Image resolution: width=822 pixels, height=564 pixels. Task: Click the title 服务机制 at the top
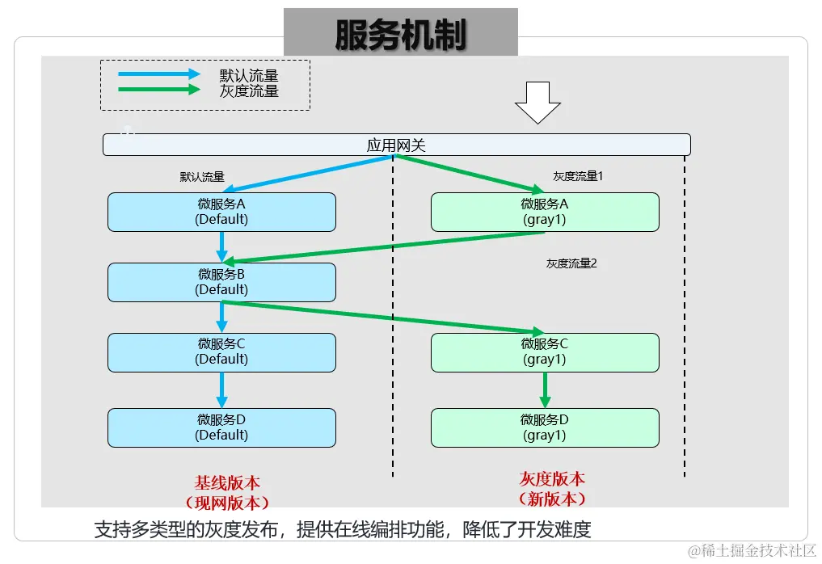401,33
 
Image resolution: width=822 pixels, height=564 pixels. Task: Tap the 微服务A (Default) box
221,212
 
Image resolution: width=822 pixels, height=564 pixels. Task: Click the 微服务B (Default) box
221,282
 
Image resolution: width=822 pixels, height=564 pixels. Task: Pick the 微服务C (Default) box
221,351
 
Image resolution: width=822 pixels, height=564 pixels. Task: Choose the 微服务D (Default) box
221,427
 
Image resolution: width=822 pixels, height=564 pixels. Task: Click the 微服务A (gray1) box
545,212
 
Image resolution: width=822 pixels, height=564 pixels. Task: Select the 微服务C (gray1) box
545,351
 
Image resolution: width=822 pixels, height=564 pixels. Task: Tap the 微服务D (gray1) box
545,427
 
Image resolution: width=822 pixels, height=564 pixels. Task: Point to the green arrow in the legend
158,90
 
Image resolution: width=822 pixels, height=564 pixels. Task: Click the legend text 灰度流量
249,91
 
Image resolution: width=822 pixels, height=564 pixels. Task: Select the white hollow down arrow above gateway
537,102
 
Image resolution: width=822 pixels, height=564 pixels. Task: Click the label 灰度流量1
578,176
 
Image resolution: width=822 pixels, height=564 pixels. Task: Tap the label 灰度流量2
571,263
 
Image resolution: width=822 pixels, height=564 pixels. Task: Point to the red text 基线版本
227,482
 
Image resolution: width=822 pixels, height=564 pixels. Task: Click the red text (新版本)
552,499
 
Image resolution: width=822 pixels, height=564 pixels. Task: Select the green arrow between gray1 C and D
545,390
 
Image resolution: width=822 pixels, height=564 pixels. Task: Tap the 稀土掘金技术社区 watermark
752,549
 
